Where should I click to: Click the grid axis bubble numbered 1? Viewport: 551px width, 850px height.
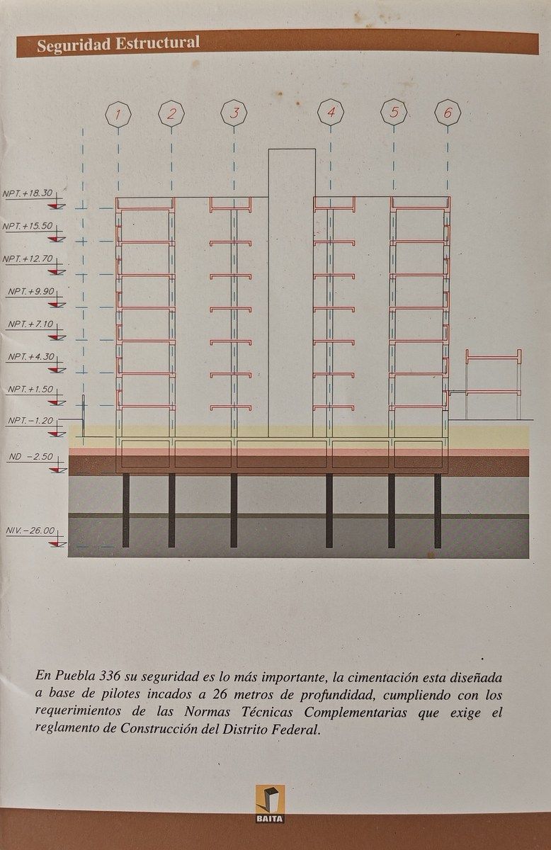coord(118,113)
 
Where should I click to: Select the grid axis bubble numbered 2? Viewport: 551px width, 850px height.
coord(171,113)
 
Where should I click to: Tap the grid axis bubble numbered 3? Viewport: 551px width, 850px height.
coord(234,113)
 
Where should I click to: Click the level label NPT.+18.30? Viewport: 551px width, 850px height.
coord(28,193)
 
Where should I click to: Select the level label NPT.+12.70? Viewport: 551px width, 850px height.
coord(28,259)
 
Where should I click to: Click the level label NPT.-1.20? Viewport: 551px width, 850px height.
coord(30,421)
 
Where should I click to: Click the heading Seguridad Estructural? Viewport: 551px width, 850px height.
coord(118,45)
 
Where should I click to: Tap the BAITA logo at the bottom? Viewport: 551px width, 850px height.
coord(270,804)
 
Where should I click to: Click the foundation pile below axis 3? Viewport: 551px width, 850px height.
coord(234,510)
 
